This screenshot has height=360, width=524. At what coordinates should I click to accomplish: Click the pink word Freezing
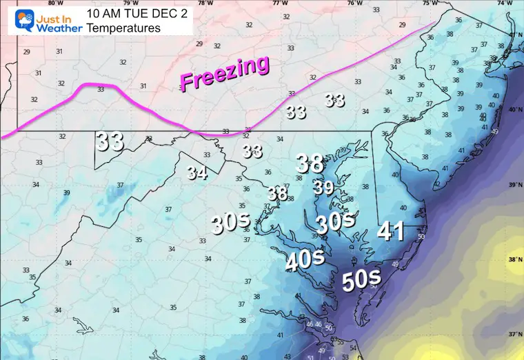click(x=225, y=73)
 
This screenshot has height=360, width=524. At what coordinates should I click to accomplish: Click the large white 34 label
click(x=196, y=172)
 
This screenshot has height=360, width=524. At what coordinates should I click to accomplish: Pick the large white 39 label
click(x=323, y=187)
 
